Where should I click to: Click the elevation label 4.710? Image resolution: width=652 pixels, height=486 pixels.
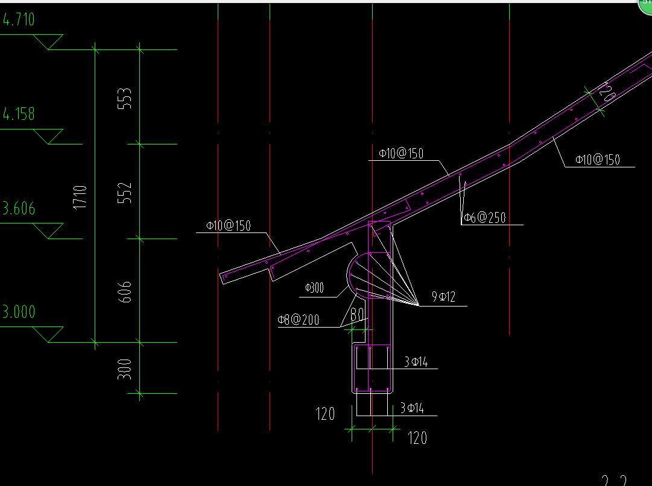(19, 20)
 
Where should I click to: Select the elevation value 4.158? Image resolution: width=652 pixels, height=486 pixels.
(19, 114)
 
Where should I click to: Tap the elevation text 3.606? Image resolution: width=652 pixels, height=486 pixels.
(19, 209)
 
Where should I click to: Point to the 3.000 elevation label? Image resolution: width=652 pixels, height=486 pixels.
(19, 312)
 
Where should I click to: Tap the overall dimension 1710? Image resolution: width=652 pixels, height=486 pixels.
(80, 197)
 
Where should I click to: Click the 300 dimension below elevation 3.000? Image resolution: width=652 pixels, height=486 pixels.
(125, 369)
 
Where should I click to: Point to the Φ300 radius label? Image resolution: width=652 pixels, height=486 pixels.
(314, 288)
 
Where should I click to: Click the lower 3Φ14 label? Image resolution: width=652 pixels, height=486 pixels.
(413, 409)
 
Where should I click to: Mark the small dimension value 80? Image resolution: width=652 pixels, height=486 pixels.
(356, 315)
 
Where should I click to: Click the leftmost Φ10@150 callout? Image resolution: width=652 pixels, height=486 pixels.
(228, 226)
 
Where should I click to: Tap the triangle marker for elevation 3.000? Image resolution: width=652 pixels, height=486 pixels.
(49, 334)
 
